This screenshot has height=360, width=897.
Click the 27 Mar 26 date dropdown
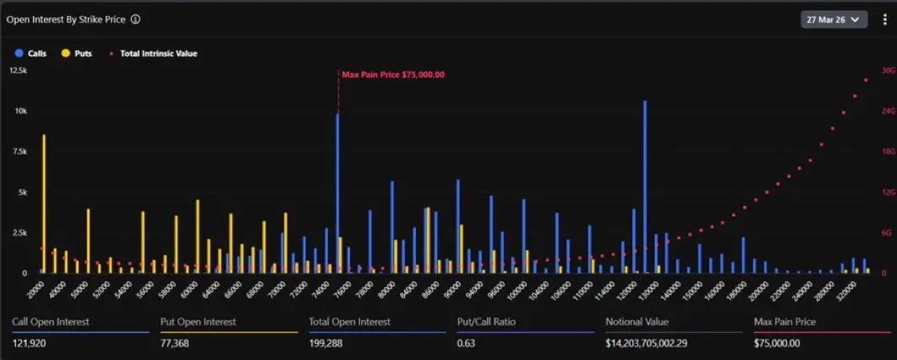(x=834, y=19)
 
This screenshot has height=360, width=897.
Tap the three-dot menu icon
(x=884, y=19)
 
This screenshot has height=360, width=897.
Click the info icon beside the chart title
(x=136, y=19)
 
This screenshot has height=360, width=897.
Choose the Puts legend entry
(x=77, y=53)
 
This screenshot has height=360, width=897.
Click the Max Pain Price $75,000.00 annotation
(x=393, y=74)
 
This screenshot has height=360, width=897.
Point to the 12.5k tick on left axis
(x=18, y=70)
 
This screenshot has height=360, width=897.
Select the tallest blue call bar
(x=645, y=186)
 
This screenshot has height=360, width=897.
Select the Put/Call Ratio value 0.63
(x=465, y=342)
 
